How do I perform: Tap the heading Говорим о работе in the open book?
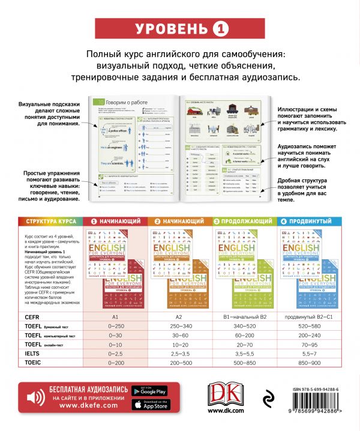(130, 103)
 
